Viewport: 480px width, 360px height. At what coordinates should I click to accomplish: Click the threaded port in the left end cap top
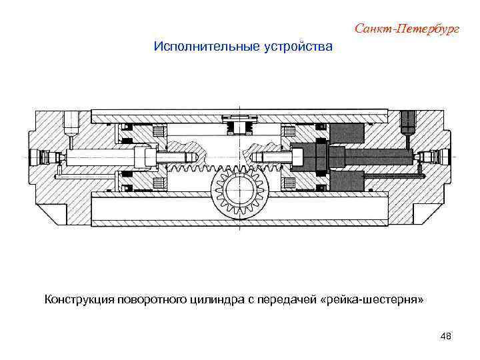point(70,123)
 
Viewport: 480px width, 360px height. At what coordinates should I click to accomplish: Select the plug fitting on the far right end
point(435,158)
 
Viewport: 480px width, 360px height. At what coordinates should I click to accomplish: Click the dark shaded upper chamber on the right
point(347,133)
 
